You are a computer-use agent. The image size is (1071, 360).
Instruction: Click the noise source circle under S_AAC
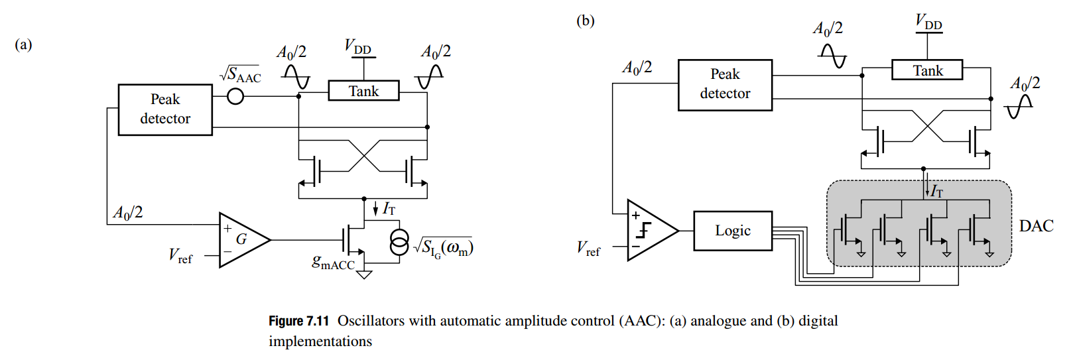click(235, 97)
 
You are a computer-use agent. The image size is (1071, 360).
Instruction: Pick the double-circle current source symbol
click(399, 243)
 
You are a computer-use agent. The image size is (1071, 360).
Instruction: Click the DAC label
click(1036, 225)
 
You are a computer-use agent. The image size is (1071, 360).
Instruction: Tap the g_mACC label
click(334, 263)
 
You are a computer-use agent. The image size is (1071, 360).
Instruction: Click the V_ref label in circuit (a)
click(180, 256)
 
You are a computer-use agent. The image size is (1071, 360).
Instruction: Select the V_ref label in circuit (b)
click(588, 249)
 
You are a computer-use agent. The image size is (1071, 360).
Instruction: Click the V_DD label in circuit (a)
click(357, 47)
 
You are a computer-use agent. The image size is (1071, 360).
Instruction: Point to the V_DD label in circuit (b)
click(928, 22)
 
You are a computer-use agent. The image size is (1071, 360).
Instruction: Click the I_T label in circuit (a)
click(389, 209)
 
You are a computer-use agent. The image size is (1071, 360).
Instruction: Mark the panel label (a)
click(23, 44)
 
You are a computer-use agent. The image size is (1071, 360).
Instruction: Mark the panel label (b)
click(585, 21)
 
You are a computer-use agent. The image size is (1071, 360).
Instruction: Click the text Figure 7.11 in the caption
click(299, 321)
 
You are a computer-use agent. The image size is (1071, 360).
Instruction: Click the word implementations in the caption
click(320, 342)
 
